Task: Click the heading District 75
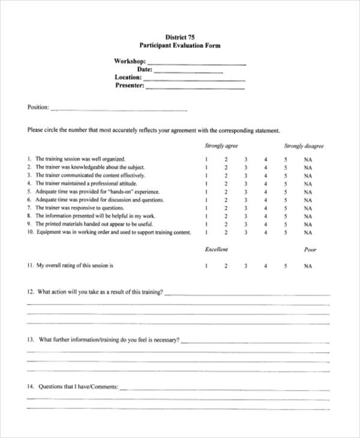[179, 37]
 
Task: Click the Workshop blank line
[196, 63]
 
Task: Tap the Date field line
[188, 71]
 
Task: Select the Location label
[128, 77]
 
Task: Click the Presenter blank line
[196, 88]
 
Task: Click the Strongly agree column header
[221, 146]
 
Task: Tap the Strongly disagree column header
[304, 146]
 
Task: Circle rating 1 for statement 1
[206, 160]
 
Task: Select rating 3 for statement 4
[245, 184]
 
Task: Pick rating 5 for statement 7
[286, 208]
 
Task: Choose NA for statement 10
[308, 232]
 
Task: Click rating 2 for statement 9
[226, 224]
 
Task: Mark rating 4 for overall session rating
[265, 265]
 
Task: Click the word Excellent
[216, 249]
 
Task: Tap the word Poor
[310, 250]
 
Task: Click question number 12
[30, 292]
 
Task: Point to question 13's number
[30, 340]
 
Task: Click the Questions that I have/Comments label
[78, 387]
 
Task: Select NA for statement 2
[308, 168]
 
